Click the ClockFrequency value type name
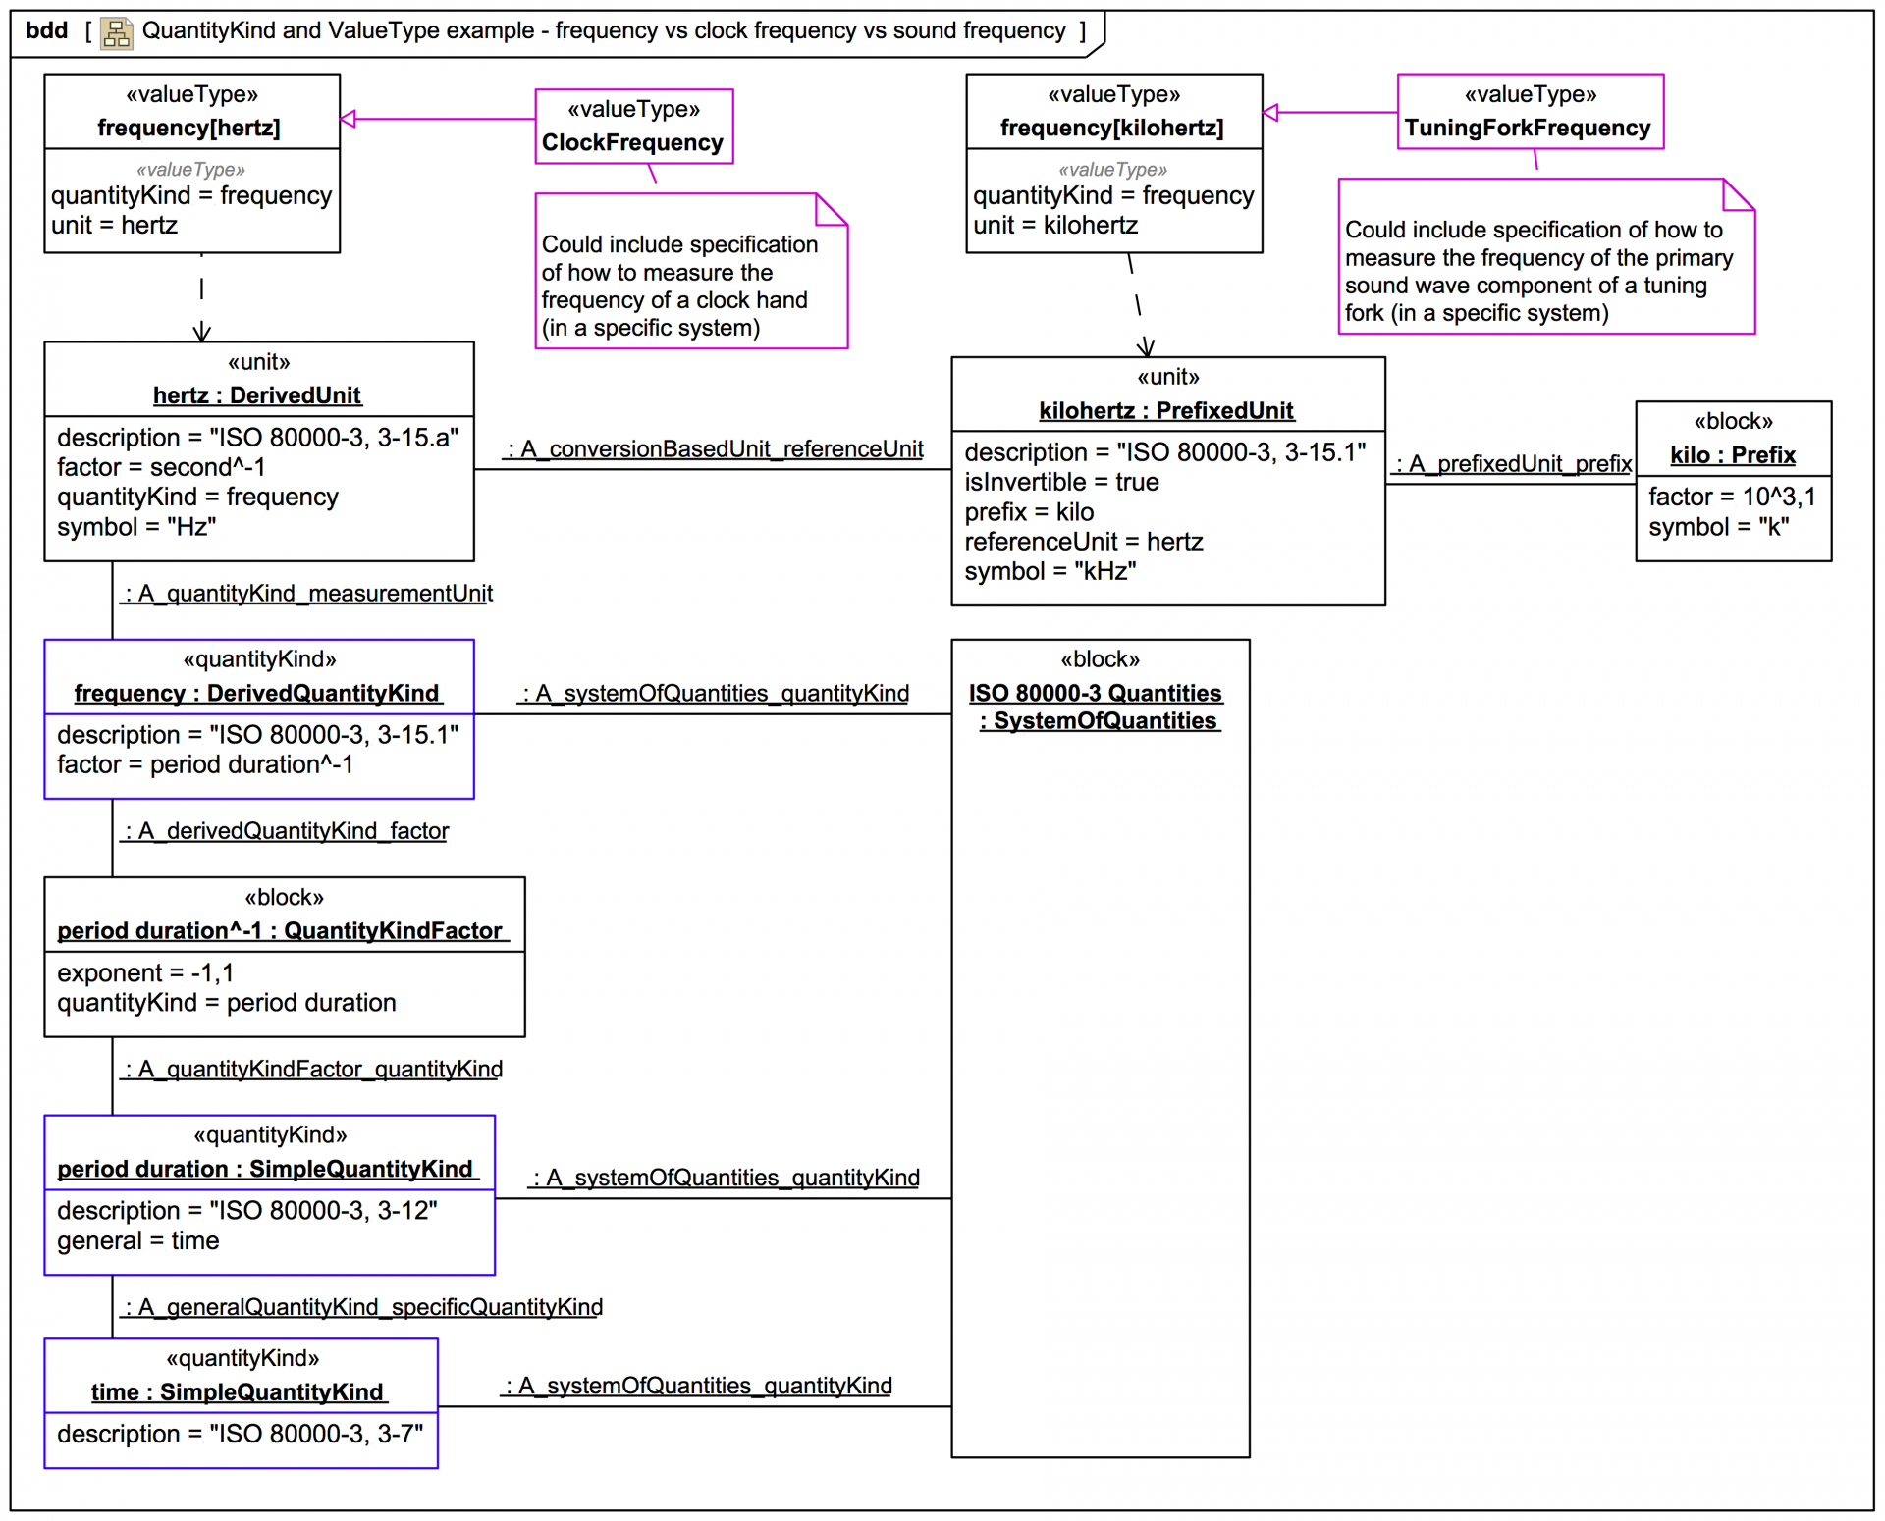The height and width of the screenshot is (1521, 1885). click(632, 143)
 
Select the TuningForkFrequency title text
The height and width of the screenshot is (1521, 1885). click(1528, 129)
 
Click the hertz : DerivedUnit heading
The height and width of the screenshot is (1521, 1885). click(257, 395)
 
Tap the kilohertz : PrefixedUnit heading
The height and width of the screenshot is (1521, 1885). click(1166, 411)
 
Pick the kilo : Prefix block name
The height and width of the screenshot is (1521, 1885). click(1733, 455)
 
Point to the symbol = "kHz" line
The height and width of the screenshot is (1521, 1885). click(1050, 571)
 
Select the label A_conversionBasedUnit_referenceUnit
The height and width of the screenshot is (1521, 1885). click(716, 449)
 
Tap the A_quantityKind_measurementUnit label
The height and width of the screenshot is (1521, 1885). click(308, 594)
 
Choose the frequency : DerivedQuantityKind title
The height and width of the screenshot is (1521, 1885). click(257, 694)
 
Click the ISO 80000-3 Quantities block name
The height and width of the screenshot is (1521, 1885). click(1096, 694)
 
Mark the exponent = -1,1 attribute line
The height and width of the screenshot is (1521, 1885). click(145, 973)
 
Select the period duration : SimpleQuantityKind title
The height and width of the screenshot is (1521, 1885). click(265, 1170)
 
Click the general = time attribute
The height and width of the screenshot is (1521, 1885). click(137, 1241)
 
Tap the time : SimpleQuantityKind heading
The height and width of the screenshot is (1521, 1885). click(238, 1392)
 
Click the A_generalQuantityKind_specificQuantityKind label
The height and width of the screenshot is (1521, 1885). click(362, 1308)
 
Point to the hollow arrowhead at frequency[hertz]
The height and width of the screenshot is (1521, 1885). click(348, 119)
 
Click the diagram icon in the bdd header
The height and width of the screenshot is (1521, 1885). click(117, 33)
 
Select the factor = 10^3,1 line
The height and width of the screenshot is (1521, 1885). click(1732, 498)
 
